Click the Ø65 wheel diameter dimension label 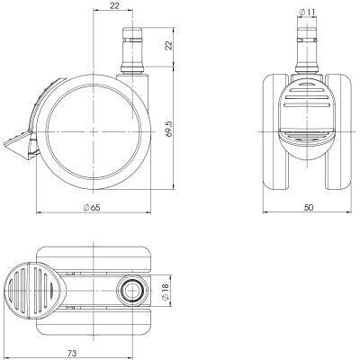tap(92, 207)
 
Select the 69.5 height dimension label tap(169, 129)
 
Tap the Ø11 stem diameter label tap(307, 12)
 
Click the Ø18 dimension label tap(166, 291)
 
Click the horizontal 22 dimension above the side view tap(114, 5)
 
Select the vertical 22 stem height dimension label tap(169, 45)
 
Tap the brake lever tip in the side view tap(5, 145)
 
